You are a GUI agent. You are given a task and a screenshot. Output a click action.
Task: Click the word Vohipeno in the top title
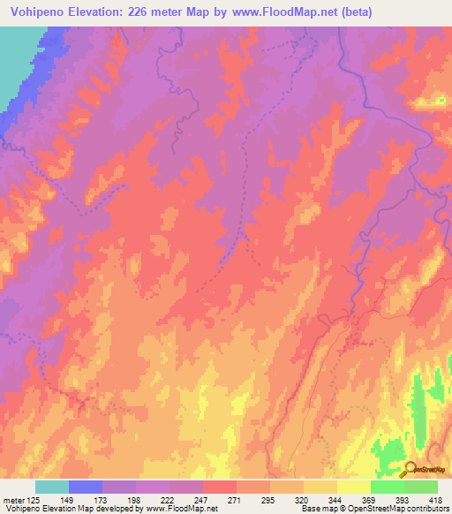coord(35,12)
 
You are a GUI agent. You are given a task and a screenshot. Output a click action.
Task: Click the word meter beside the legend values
coord(14,501)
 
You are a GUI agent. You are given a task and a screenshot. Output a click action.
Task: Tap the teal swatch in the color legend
coord(52,487)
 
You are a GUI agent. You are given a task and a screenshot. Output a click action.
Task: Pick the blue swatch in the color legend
coord(86,487)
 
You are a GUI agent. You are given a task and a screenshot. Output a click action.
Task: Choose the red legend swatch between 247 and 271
coord(220,487)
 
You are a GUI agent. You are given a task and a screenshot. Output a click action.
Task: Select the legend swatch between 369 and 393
coord(388,487)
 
